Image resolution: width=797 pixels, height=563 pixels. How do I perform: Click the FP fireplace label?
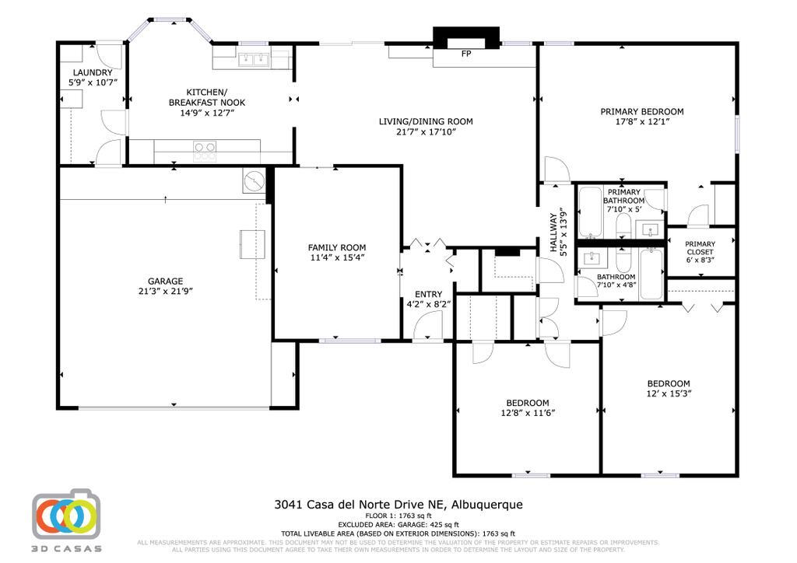(x=466, y=54)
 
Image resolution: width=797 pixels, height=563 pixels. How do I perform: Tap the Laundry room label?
(x=92, y=73)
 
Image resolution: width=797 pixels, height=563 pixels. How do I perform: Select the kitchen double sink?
(x=253, y=59)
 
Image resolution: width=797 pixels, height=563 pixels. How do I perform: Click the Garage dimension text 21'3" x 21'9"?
(x=165, y=292)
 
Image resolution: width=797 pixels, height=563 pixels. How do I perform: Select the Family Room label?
(x=336, y=247)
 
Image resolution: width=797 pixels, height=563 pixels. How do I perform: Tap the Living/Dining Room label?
(x=426, y=121)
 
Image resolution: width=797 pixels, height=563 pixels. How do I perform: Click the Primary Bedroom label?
(x=641, y=111)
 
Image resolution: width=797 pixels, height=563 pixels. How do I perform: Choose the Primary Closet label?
(x=700, y=248)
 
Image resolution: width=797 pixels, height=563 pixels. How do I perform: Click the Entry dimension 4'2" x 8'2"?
(x=428, y=305)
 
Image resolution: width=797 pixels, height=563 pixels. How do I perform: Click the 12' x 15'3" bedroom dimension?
(x=669, y=393)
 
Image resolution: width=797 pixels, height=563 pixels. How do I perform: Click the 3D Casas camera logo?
(x=66, y=515)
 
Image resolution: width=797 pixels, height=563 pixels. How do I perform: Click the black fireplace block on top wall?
(x=465, y=37)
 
